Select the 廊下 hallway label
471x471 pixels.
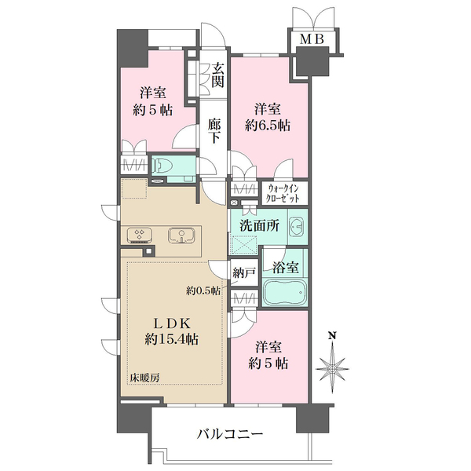[x=214, y=130]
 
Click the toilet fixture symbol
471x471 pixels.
[x=164, y=165]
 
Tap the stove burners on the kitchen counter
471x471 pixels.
[x=139, y=235]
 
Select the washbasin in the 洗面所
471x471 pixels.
[x=297, y=227]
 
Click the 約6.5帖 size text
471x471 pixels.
[x=268, y=125]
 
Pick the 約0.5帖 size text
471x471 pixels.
[x=203, y=289]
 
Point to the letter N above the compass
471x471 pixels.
[x=332, y=337]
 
